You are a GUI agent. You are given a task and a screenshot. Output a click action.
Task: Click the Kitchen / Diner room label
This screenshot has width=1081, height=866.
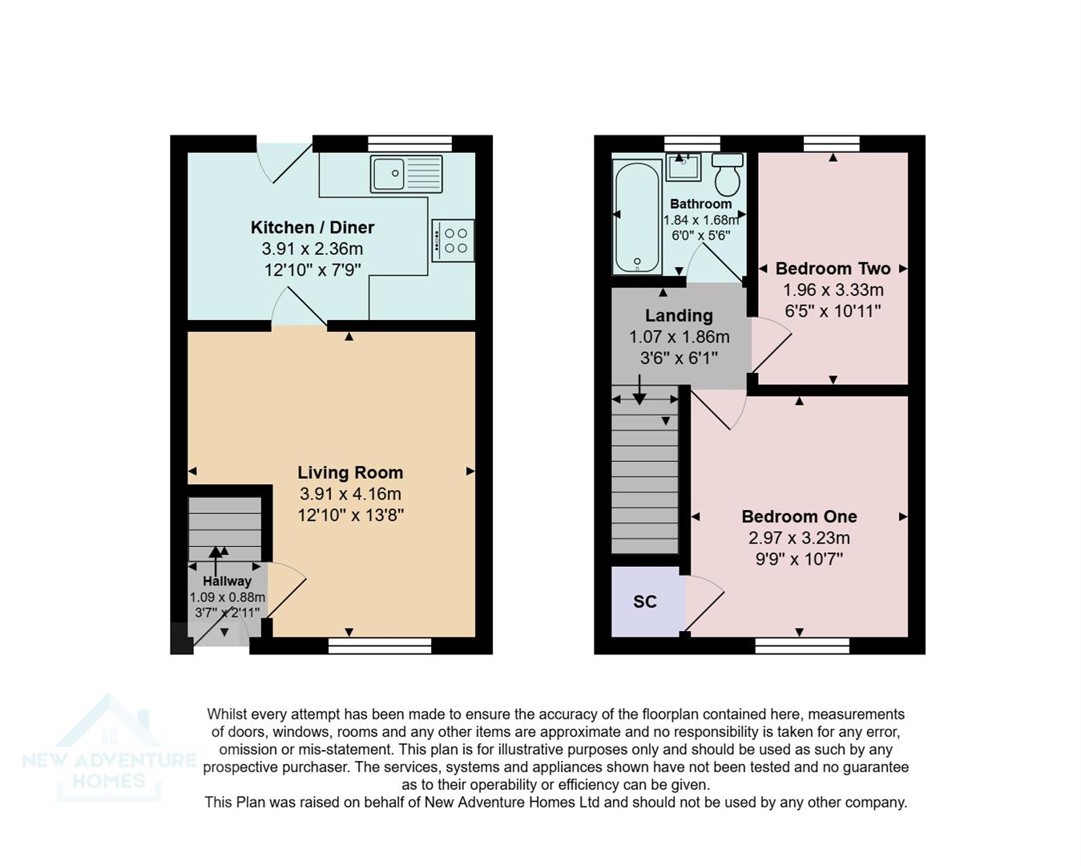[312, 227]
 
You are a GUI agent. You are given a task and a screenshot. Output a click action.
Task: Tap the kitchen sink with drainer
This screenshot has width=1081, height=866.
[405, 174]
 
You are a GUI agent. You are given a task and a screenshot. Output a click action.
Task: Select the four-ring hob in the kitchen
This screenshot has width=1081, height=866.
[453, 241]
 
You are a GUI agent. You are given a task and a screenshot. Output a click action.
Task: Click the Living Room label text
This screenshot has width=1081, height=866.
[350, 472]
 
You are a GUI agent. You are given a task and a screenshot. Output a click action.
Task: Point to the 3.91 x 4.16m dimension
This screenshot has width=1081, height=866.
[350, 494]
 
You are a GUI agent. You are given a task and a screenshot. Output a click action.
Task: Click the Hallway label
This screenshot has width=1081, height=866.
[227, 581]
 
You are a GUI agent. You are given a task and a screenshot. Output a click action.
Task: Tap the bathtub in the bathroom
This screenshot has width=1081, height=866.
[636, 216]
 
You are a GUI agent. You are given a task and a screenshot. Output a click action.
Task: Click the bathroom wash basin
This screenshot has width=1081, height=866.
[684, 168]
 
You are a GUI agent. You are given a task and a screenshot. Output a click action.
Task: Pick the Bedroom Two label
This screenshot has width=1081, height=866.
[833, 269]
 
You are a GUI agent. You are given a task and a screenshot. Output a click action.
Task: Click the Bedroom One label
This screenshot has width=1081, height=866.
[799, 516]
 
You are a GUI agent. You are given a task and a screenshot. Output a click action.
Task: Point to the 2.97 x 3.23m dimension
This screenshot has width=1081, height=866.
[799, 538]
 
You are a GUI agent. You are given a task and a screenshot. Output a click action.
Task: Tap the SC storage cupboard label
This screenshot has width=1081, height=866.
[645, 601]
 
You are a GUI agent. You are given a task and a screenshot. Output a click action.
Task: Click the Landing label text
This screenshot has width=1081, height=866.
[679, 315]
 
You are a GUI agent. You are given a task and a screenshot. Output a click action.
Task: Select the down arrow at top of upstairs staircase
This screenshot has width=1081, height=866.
[639, 391]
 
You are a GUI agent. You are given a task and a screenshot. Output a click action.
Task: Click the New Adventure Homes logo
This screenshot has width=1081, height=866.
[109, 750]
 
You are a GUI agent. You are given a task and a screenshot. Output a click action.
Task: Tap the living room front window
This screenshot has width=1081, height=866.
[380, 645]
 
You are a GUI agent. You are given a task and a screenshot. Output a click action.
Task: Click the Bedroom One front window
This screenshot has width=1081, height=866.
[802, 645]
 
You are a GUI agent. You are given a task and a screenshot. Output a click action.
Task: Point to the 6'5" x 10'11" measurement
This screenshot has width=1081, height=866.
[833, 311]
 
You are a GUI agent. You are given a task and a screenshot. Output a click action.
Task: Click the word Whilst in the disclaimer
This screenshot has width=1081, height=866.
[228, 714]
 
